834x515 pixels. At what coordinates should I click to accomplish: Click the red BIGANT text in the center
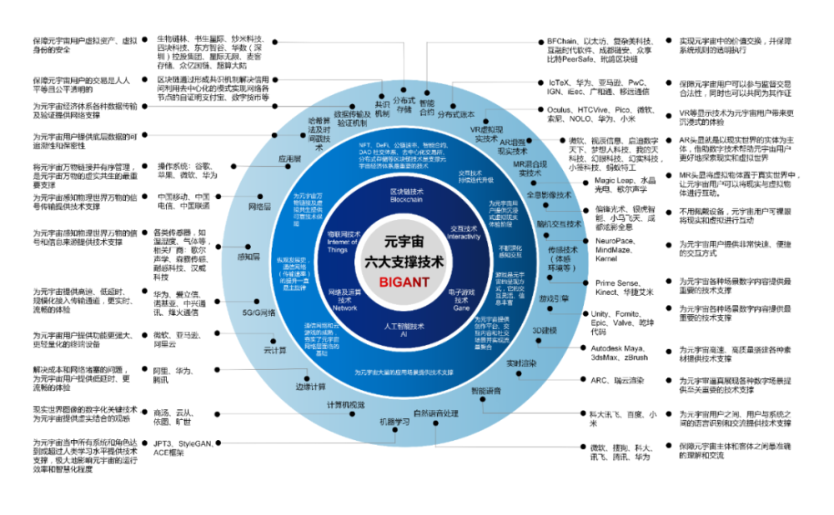coord(404,282)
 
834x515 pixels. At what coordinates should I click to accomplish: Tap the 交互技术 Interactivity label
coord(465,232)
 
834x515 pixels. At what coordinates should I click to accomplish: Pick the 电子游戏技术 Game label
coord(461,299)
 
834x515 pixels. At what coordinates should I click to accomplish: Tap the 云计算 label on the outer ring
coord(275,349)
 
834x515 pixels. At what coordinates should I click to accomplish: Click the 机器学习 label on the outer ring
coord(394,422)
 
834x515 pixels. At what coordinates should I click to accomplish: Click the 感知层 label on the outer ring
coord(249,257)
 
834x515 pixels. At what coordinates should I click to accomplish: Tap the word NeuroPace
coord(615,240)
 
